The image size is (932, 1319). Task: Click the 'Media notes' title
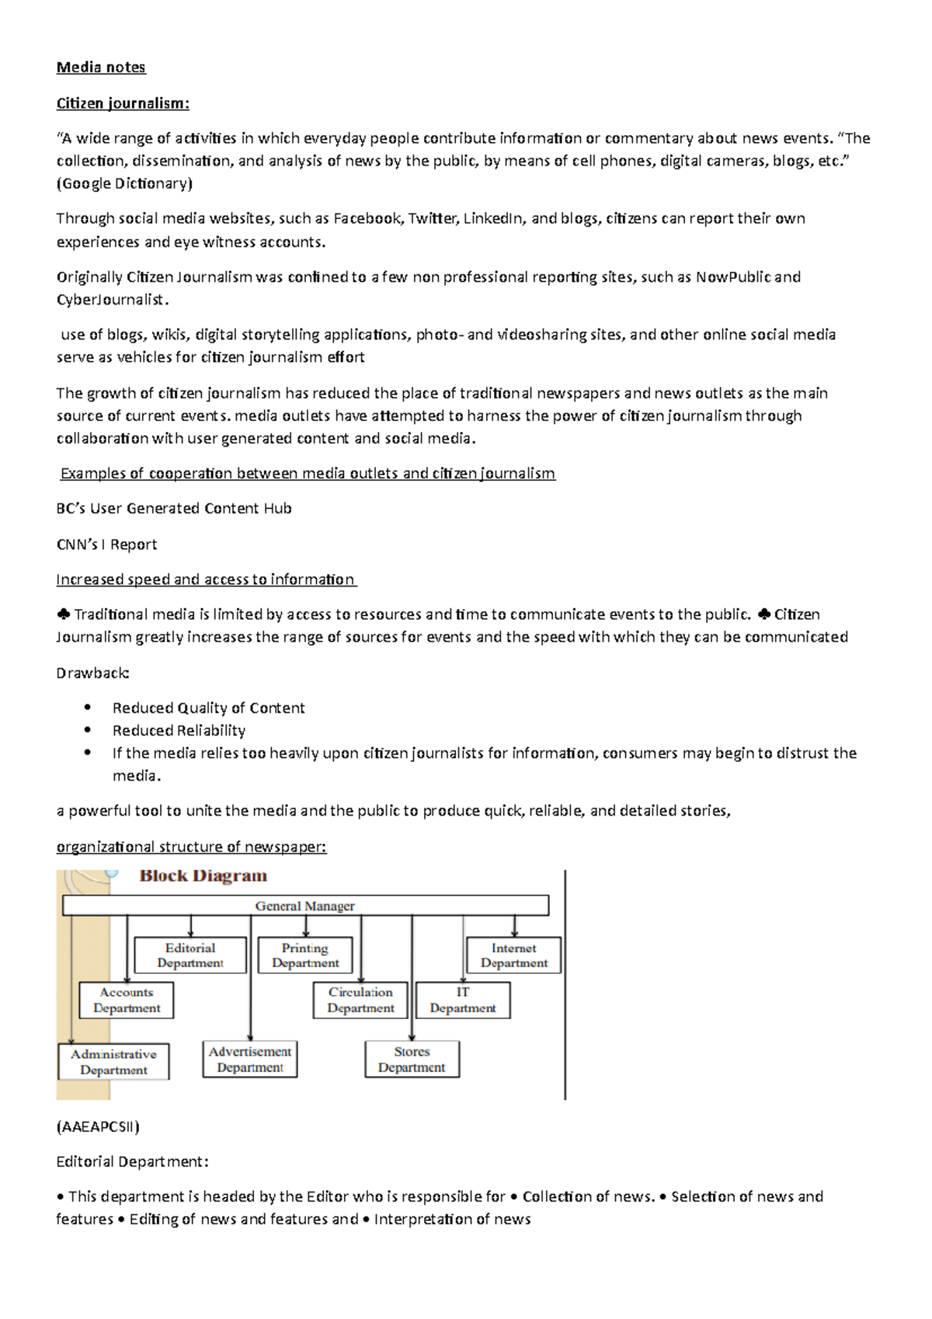[101, 68]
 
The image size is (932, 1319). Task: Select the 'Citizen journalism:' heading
[123, 103]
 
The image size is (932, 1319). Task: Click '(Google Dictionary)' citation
[124, 183]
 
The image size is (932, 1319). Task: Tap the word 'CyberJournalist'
[110, 299]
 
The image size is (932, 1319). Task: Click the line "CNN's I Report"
[106, 544]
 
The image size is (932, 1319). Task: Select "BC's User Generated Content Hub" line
[174, 508]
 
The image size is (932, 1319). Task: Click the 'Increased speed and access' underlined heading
[206, 579]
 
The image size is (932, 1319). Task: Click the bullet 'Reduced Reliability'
[179, 730]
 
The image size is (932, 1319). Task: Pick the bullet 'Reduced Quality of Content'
[208, 708]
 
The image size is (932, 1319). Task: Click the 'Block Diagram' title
[203, 876]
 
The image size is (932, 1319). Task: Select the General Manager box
[305, 906]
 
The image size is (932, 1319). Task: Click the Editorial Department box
[190, 955]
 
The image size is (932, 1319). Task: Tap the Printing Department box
[305, 955]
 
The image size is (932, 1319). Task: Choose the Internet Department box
[513, 955]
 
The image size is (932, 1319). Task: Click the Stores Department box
[412, 1059]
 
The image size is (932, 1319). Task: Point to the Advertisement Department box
[250, 1059]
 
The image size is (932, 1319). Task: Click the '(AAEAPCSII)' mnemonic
[98, 1126]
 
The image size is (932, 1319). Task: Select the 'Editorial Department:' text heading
[132, 1161]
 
